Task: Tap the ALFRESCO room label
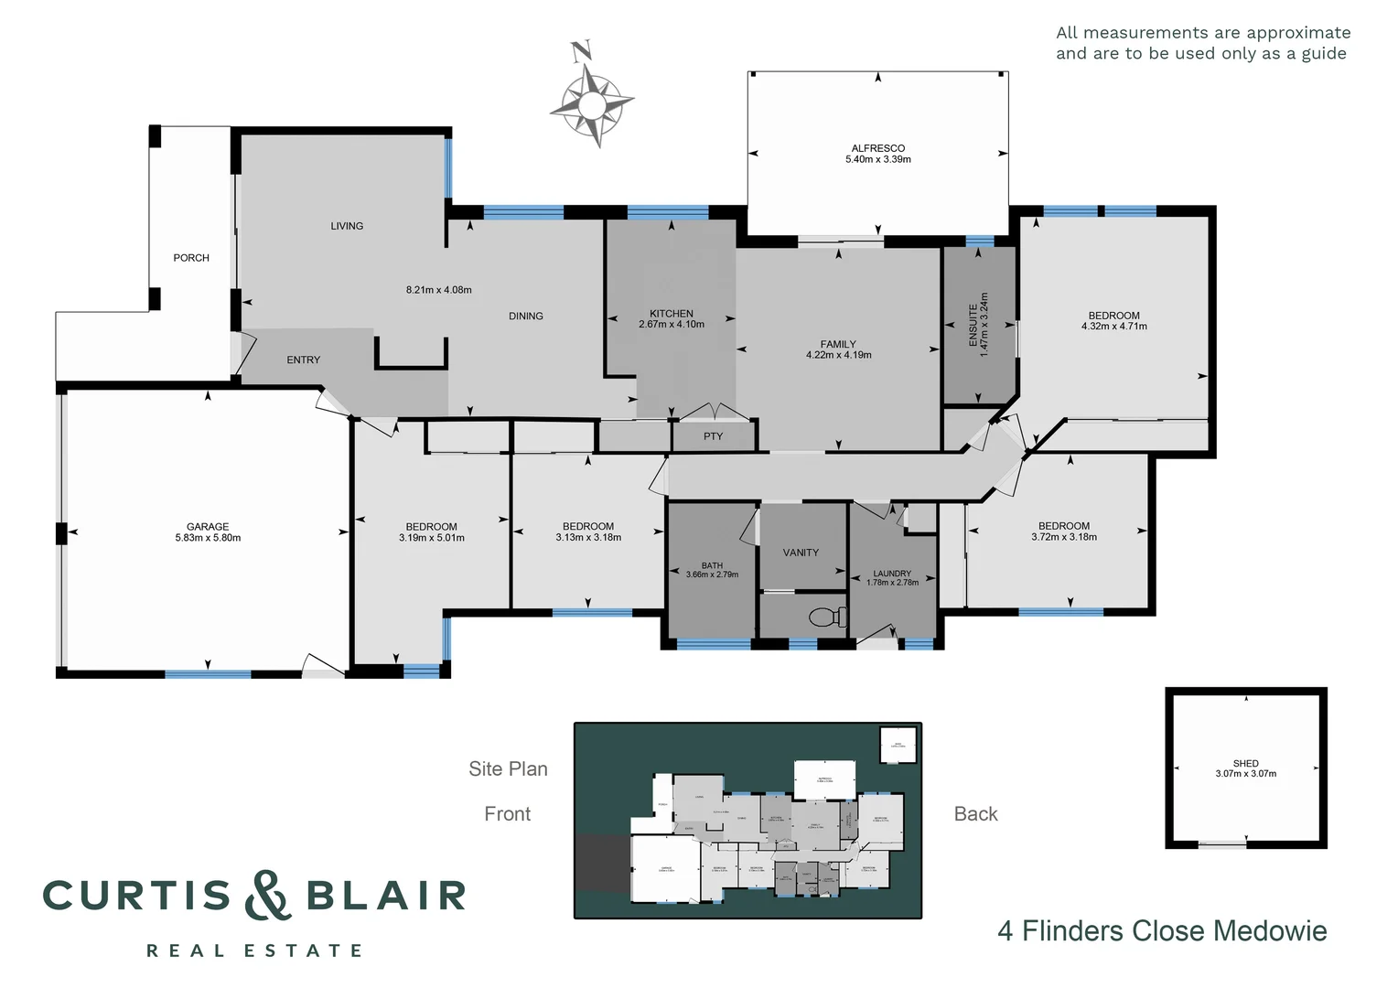click(x=877, y=148)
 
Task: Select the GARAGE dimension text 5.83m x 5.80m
click(x=208, y=538)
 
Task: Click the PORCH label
click(x=191, y=258)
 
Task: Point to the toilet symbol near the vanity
click(x=829, y=617)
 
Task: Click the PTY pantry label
click(x=713, y=436)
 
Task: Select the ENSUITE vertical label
click(x=973, y=325)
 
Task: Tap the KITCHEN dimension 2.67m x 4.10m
click(x=672, y=325)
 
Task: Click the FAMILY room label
click(x=838, y=344)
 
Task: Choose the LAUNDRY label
click(x=892, y=574)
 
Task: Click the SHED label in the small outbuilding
click(x=1245, y=763)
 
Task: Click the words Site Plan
click(x=508, y=769)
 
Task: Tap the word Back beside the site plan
click(x=975, y=814)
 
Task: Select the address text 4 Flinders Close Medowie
click(x=1162, y=931)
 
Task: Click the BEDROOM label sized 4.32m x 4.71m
click(x=1113, y=316)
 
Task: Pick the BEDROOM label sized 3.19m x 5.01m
click(x=431, y=527)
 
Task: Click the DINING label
click(x=526, y=317)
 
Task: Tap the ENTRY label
click(x=303, y=360)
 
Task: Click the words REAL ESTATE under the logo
click(x=254, y=951)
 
